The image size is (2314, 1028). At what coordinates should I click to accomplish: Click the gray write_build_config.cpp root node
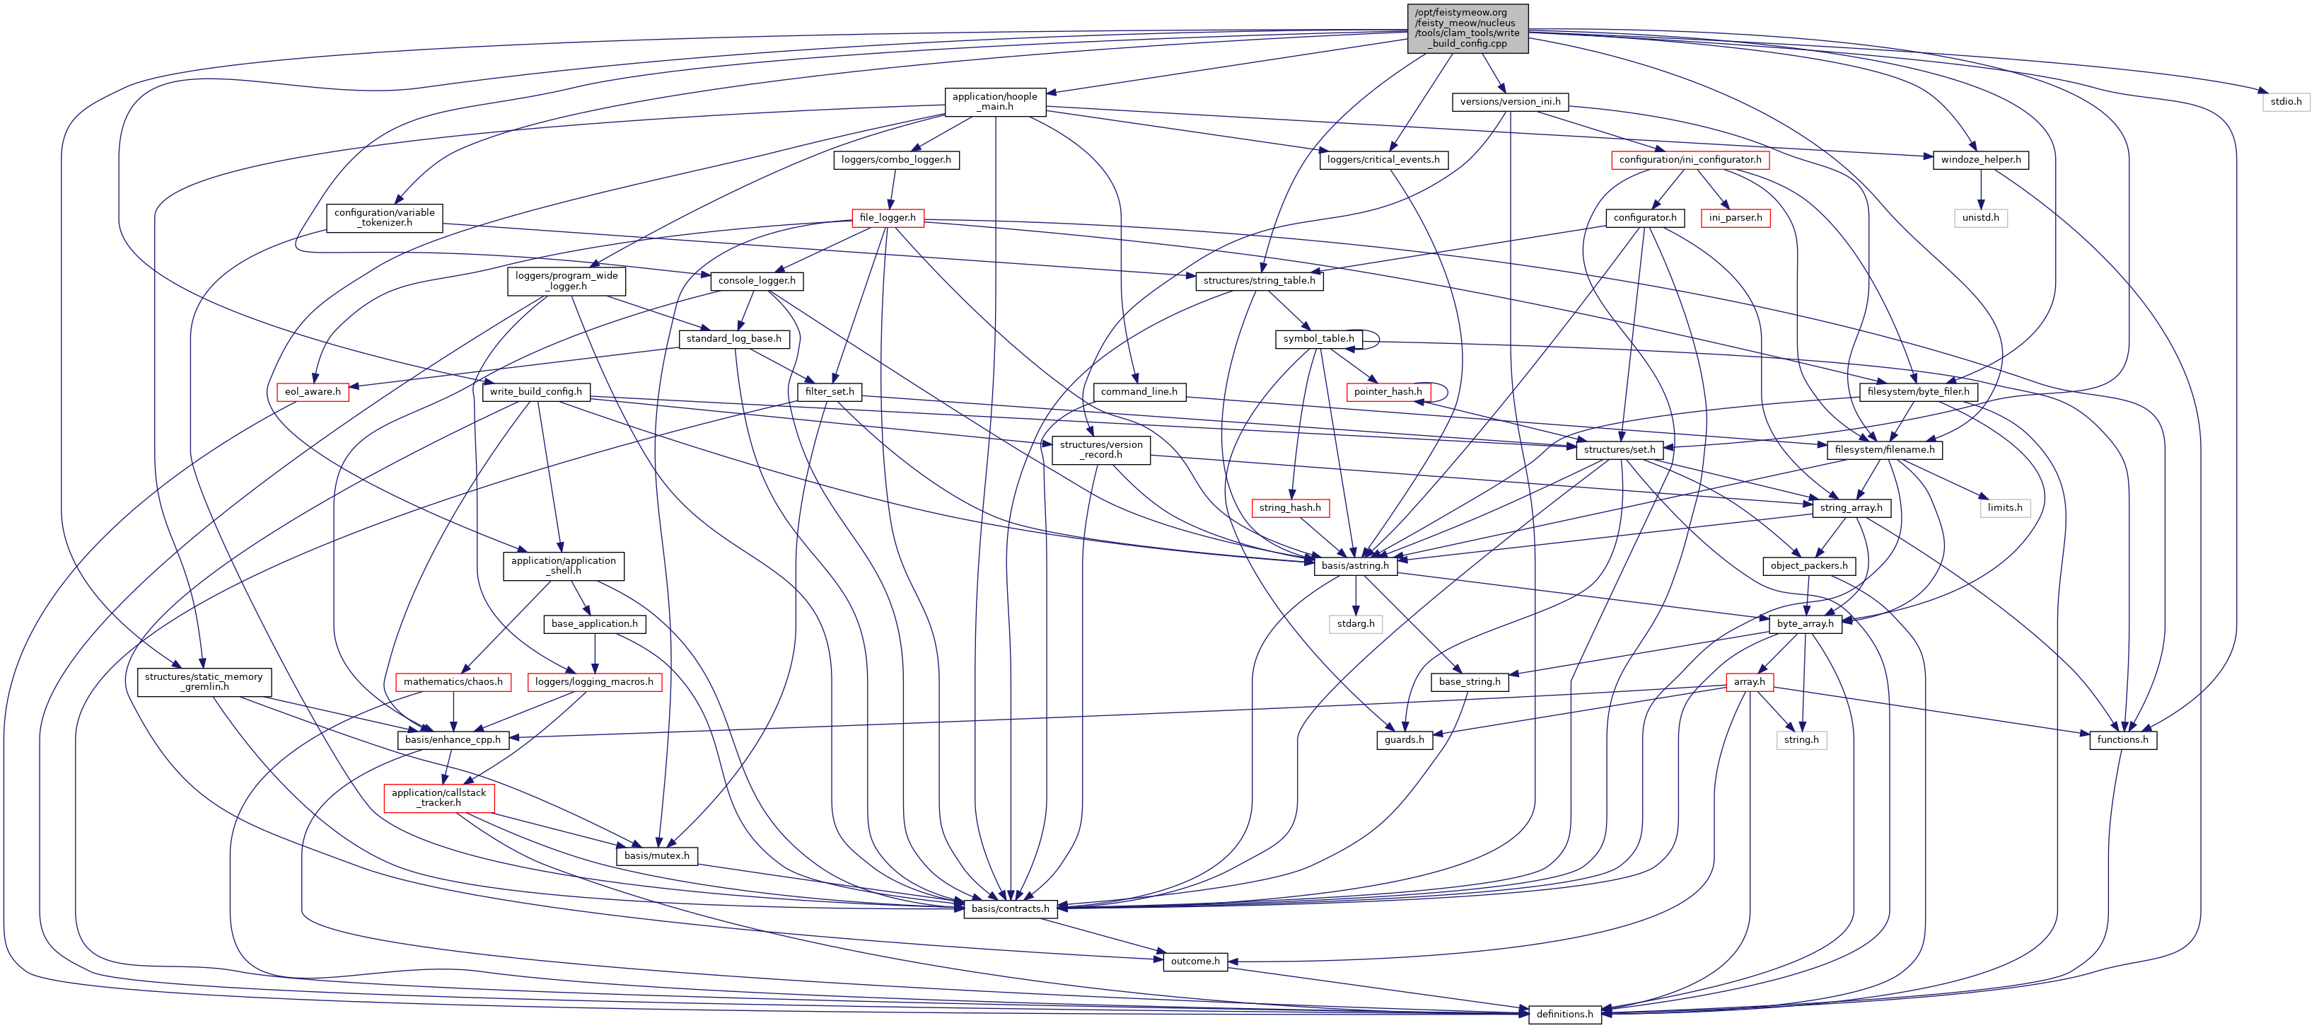[1467, 28]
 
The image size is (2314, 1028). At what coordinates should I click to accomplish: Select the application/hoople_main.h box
[994, 102]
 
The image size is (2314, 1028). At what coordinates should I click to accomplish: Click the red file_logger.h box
[887, 217]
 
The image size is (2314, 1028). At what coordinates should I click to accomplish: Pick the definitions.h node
[1564, 1014]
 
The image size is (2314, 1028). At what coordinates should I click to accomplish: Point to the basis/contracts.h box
[1010, 908]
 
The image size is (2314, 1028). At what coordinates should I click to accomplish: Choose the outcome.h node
[1194, 961]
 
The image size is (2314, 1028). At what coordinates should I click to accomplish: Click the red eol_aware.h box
[313, 392]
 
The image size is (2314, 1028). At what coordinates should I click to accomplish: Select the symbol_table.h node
[1318, 339]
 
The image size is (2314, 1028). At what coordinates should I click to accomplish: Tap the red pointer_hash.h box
[1387, 392]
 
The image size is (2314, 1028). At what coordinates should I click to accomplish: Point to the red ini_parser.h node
[1735, 217]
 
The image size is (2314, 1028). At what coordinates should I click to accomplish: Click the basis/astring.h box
[1354, 566]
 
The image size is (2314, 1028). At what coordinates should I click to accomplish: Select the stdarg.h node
[1354, 623]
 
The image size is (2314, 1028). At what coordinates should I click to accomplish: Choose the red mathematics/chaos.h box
[453, 682]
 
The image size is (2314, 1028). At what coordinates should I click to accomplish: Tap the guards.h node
[1403, 739]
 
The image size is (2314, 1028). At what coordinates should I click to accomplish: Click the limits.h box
[2004, 508]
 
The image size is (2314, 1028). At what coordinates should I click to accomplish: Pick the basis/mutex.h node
[657, 855]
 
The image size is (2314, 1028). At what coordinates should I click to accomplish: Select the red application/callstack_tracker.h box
[438, 798]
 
